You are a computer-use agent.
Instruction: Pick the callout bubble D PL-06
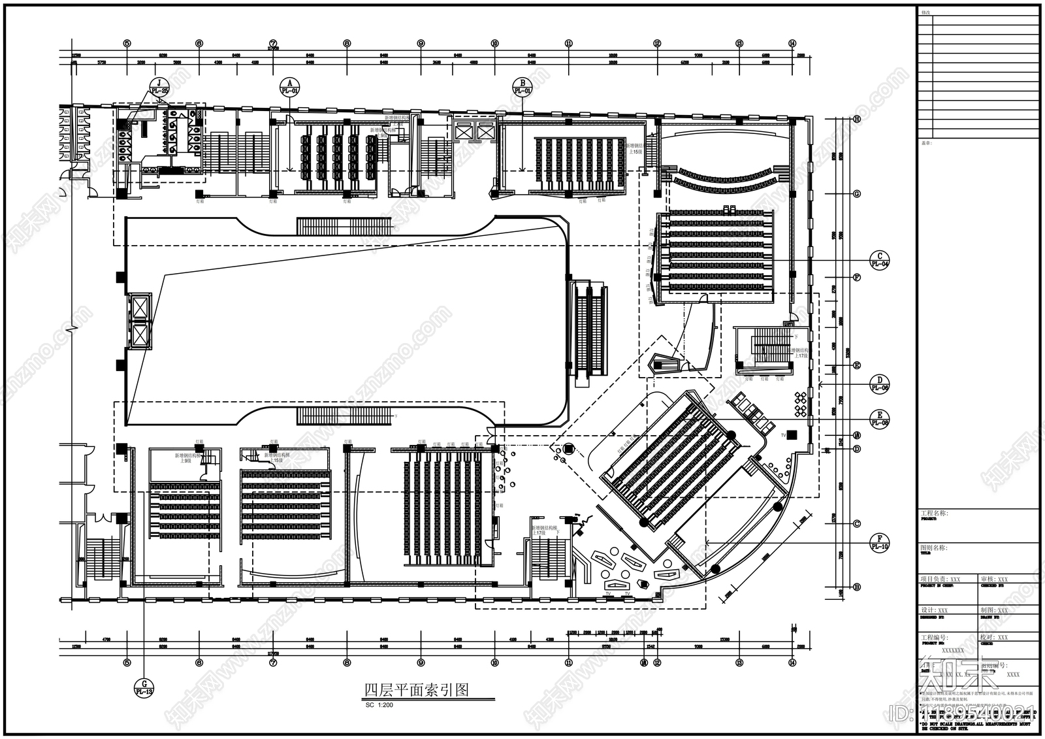pos(880,384)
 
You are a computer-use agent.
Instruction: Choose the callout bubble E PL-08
pos(880,418)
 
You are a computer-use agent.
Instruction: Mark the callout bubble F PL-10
pos(880,542)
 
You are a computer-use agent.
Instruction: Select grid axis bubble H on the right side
pos(856,119)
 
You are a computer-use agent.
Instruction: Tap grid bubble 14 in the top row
pos(792,43)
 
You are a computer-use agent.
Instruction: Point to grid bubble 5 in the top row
pos(127,43)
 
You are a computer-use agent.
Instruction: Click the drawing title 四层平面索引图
pos(417,690)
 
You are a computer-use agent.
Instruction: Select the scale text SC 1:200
pos(379,706)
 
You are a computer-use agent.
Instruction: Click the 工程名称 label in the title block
pos(934,514)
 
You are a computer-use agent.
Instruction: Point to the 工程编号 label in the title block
pos(934,638)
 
